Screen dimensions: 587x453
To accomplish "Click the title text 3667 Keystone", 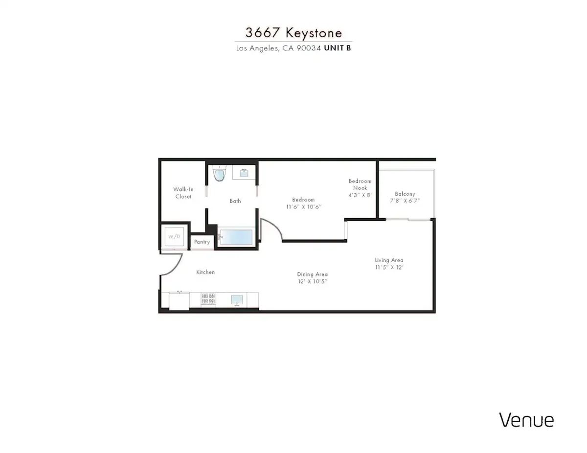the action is pos(293,33).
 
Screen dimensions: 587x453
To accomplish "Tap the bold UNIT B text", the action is pos(338,48).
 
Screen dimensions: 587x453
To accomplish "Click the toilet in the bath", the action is pos(219,173).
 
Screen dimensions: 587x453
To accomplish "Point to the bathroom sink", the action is pos(244,172).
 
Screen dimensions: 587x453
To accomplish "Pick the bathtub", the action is pos(236,237).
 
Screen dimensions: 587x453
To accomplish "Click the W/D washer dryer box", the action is pos(174,237).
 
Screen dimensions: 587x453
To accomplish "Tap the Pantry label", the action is pos(202,242).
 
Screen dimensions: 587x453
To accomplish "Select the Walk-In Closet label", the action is pos(183,193).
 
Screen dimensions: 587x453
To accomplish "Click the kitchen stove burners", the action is pos(208,298).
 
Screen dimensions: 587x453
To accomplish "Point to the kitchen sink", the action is pos(237,300).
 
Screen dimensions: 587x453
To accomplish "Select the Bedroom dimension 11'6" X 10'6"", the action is pos(304,207).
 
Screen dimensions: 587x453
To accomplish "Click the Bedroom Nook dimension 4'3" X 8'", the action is pos(360,195).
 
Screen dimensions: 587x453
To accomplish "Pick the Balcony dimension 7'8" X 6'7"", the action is pos(405,201).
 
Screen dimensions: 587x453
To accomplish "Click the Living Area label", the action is pos(389,260).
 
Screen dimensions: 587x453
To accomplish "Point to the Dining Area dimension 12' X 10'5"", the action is pos(313,281).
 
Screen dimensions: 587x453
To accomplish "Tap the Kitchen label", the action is pos(205,272).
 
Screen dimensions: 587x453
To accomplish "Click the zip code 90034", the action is pos(309,48).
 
